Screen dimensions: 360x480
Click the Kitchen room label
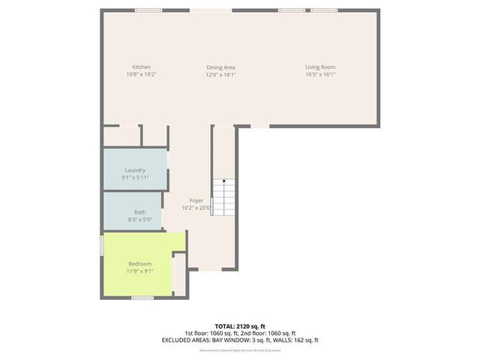(141, 67)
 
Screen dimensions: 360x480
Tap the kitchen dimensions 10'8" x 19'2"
(141, 74)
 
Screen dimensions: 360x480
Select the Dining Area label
(221, 67)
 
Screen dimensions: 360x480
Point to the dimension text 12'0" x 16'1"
(221, 74)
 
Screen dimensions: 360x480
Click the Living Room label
(319, 67)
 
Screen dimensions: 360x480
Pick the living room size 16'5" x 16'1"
(319, 74)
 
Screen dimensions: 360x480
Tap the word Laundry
(135, 170)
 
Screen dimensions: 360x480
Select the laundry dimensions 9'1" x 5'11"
(135, 177)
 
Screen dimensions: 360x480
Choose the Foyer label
(196, 200)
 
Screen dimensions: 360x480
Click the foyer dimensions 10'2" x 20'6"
(196, 208)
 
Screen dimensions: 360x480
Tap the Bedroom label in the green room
(140, 263)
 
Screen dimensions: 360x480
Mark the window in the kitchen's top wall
(148, 10)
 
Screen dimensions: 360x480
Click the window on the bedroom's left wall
(102, 247)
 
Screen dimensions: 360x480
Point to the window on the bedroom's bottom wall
(142, 298)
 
